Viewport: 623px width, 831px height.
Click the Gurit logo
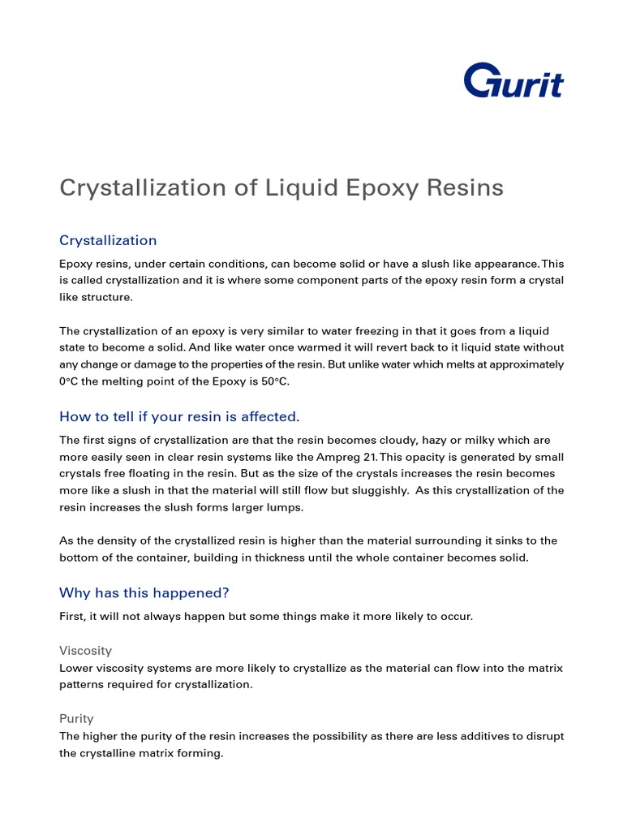point(513,81)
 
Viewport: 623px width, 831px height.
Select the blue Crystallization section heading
point(108,240)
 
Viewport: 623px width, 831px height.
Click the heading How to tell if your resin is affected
point(179,416)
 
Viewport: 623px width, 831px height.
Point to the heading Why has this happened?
point(150,592)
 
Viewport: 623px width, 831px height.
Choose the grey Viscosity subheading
point(85,651)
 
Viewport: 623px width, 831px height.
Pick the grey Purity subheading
point(76,718)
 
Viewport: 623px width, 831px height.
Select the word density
point(115,540)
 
